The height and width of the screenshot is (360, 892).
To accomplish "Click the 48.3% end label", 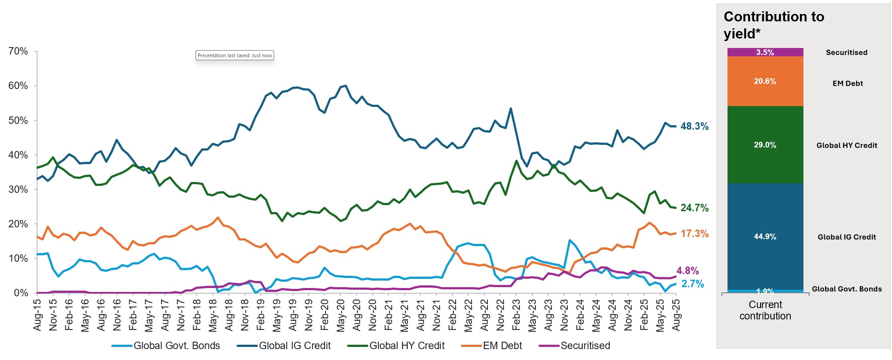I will [694, 127].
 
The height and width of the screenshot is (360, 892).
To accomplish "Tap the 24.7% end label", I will [694, 208].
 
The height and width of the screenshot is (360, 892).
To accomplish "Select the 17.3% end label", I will [694, 234].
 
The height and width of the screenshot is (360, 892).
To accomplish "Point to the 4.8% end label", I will [687, 271].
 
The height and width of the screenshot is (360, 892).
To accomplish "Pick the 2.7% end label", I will [693, 284].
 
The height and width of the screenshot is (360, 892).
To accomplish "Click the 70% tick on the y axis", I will [18, 51].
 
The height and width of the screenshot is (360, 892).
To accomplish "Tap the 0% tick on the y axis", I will [21, 293].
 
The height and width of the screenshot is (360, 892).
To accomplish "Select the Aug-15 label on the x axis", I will [38, 314].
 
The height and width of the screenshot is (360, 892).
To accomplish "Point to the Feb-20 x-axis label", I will [325, 314].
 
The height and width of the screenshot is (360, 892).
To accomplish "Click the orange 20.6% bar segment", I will [765, 81].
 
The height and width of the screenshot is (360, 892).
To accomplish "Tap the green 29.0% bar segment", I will [765, 145].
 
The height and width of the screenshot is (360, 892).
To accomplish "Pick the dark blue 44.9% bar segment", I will [765, 237].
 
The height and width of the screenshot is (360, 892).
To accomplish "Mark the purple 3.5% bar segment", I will [765, 52].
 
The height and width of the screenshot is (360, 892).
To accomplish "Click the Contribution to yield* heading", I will [774, 25].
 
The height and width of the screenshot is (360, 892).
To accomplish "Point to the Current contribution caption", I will [765, 310].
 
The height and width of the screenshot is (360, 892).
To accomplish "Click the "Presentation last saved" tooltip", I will [235, 55].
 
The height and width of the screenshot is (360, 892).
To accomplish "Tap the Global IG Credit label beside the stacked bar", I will [847, 237].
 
